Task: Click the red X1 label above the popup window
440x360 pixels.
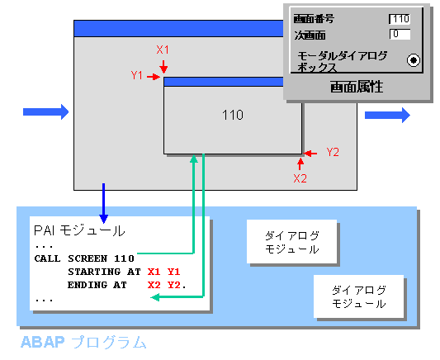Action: click(163, 50)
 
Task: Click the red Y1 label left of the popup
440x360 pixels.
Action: click(137, 75)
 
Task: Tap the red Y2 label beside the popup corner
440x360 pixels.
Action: click(333, 152)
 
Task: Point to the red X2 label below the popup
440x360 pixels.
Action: click(300, 178)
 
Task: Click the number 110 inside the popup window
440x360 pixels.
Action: click(233, 115)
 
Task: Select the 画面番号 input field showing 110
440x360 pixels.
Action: click(400, 19)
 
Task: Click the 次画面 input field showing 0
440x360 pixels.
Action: click(400, 34)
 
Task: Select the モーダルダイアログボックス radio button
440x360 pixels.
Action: click(414, 60)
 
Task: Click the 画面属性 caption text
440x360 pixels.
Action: click(357, 87)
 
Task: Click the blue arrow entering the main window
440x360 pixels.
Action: click(45, 112)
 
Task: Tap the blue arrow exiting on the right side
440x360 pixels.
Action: click(387, 115)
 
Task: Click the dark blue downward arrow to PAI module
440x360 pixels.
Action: click(103, 203)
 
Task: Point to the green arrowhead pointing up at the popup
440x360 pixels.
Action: click(194, 159)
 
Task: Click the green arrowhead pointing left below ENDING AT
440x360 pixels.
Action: click(155, 297)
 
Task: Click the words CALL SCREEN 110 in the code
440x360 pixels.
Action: click(84, 258)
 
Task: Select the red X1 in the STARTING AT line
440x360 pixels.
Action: click(154, 272)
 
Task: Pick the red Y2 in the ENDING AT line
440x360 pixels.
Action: click(174, 286)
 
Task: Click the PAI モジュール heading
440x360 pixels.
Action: click(79, 231)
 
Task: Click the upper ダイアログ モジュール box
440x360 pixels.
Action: click(292, 242)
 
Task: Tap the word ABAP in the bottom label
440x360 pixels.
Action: click(42, 343)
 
